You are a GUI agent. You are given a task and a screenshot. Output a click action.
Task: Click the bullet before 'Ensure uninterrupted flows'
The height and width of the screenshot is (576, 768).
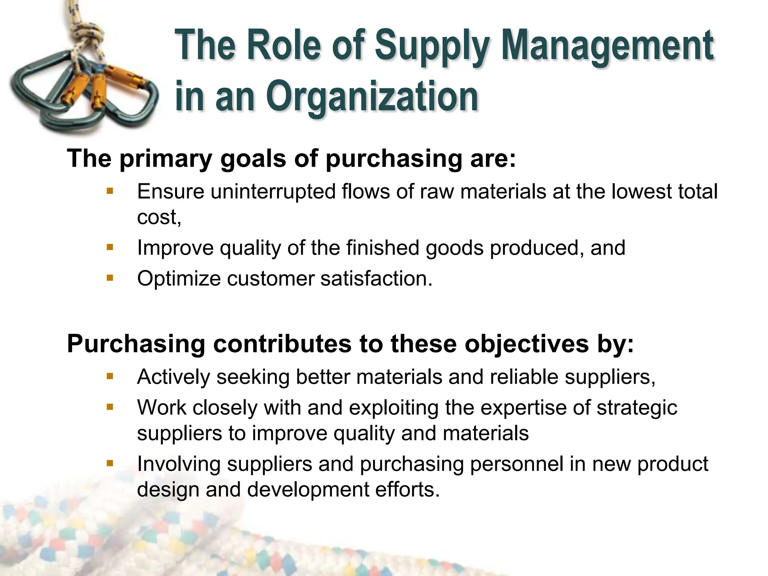pos(110,191)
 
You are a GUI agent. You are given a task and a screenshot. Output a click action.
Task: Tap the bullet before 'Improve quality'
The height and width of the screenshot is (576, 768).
pos(110,247)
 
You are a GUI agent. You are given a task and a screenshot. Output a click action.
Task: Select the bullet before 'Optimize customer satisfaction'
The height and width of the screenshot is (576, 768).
pos(110,278)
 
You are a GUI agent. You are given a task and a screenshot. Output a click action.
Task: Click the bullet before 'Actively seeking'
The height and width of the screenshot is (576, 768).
pos(110,376)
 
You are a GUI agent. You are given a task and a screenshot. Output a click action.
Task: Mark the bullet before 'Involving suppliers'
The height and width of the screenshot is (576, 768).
pos(110,463)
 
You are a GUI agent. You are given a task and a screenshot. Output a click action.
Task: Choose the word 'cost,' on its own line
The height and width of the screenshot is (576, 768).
pos(159,217)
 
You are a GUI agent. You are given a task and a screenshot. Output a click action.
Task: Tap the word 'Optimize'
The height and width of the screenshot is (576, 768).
pos(178,279)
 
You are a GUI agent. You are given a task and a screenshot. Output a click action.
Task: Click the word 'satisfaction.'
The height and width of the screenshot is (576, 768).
pos(376,279)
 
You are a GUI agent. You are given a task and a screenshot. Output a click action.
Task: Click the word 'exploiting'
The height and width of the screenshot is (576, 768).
pos(393,408)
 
